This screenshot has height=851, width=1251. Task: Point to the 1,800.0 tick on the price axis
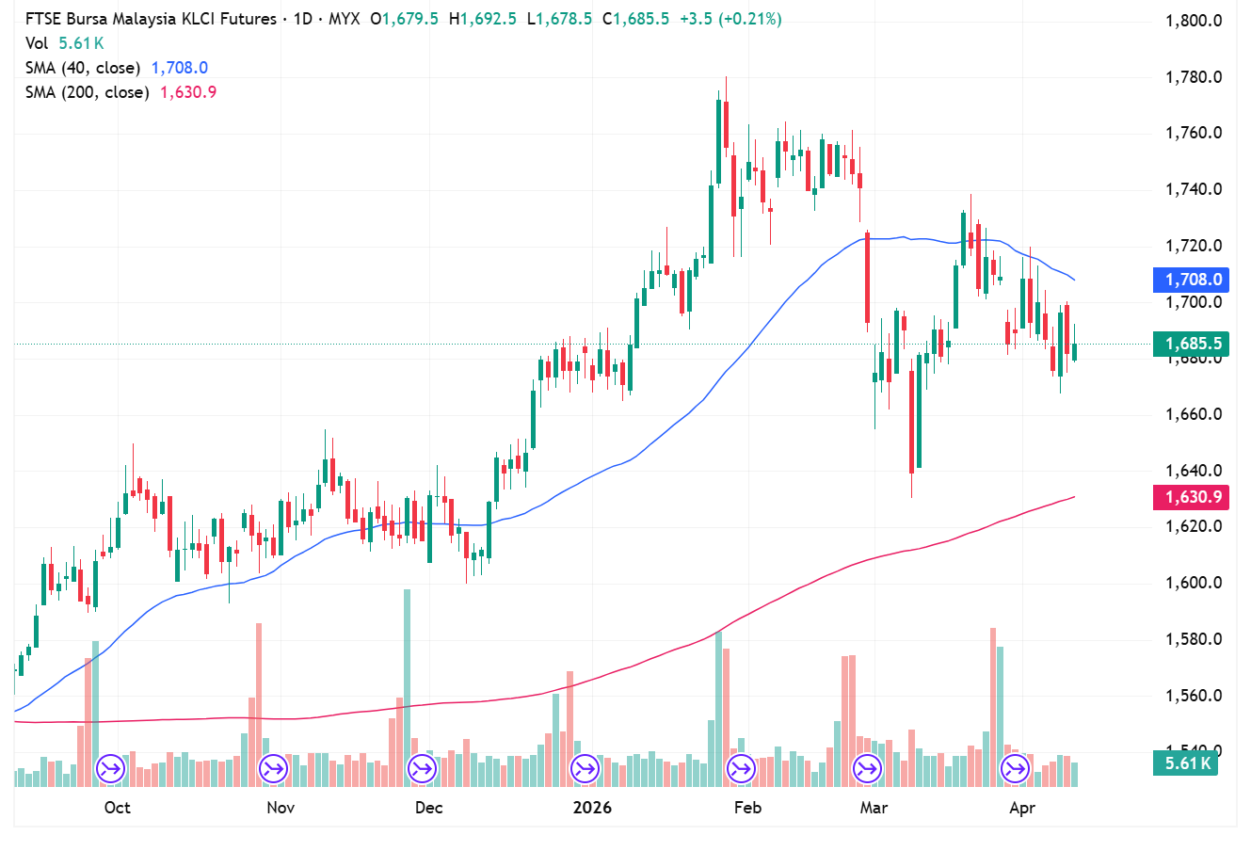click(x=1194, y=21)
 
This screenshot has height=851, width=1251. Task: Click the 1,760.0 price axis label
click(x=1194, y=133)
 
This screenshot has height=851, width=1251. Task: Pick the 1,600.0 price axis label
click(x=1194, y=583)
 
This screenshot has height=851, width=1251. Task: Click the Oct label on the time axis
click(x=118, y=808)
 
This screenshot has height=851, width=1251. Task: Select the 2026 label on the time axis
click(x=593, y=808)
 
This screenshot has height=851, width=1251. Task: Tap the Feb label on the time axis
click(x=747, y=808)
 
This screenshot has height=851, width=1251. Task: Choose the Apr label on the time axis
click(x=1022, y=808)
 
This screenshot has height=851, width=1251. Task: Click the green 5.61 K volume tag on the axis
click(x=1185, y=763)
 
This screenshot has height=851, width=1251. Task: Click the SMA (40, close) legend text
click(x=83, y=68)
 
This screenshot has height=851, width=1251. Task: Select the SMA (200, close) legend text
click(x=87, y=92)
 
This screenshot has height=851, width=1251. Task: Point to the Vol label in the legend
click(x=37, y=43)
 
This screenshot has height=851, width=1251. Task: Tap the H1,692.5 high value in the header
click(x=483, y=19)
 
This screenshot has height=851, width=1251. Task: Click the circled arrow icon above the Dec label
click(x=422, y=769)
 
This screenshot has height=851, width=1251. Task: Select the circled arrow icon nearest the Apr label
click(x=1015, y=769)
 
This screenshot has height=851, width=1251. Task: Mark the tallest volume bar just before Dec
click(x=407, y=687)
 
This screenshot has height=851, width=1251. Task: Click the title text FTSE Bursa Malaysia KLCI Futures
click(x=151, y=19)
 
